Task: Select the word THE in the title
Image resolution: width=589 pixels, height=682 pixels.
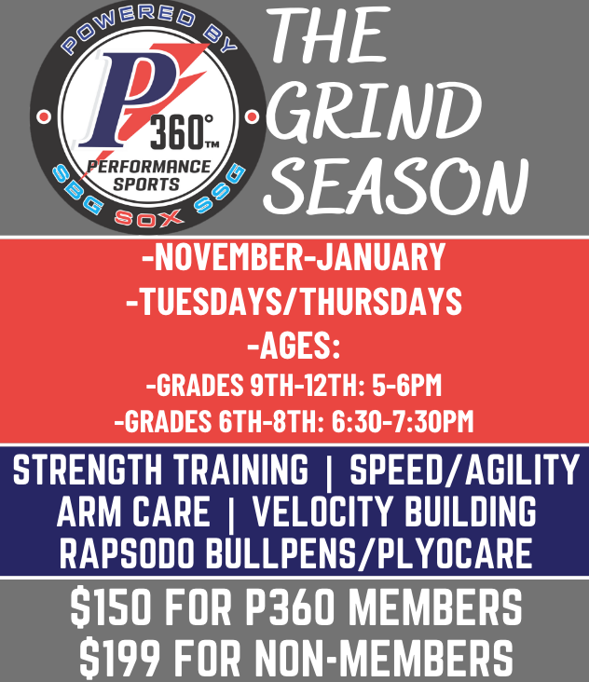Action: click(x=332, y=38)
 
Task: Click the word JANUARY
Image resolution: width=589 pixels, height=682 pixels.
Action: click(x=382, y=258)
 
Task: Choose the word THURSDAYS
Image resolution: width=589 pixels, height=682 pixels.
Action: click(x=382, y=300)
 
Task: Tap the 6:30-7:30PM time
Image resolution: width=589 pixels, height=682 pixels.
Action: click(x=401, y=421)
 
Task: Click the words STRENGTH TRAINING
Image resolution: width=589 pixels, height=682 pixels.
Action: click(x=160, y=470)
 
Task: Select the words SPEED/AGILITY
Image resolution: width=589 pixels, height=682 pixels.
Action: click(x=463, y=470)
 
